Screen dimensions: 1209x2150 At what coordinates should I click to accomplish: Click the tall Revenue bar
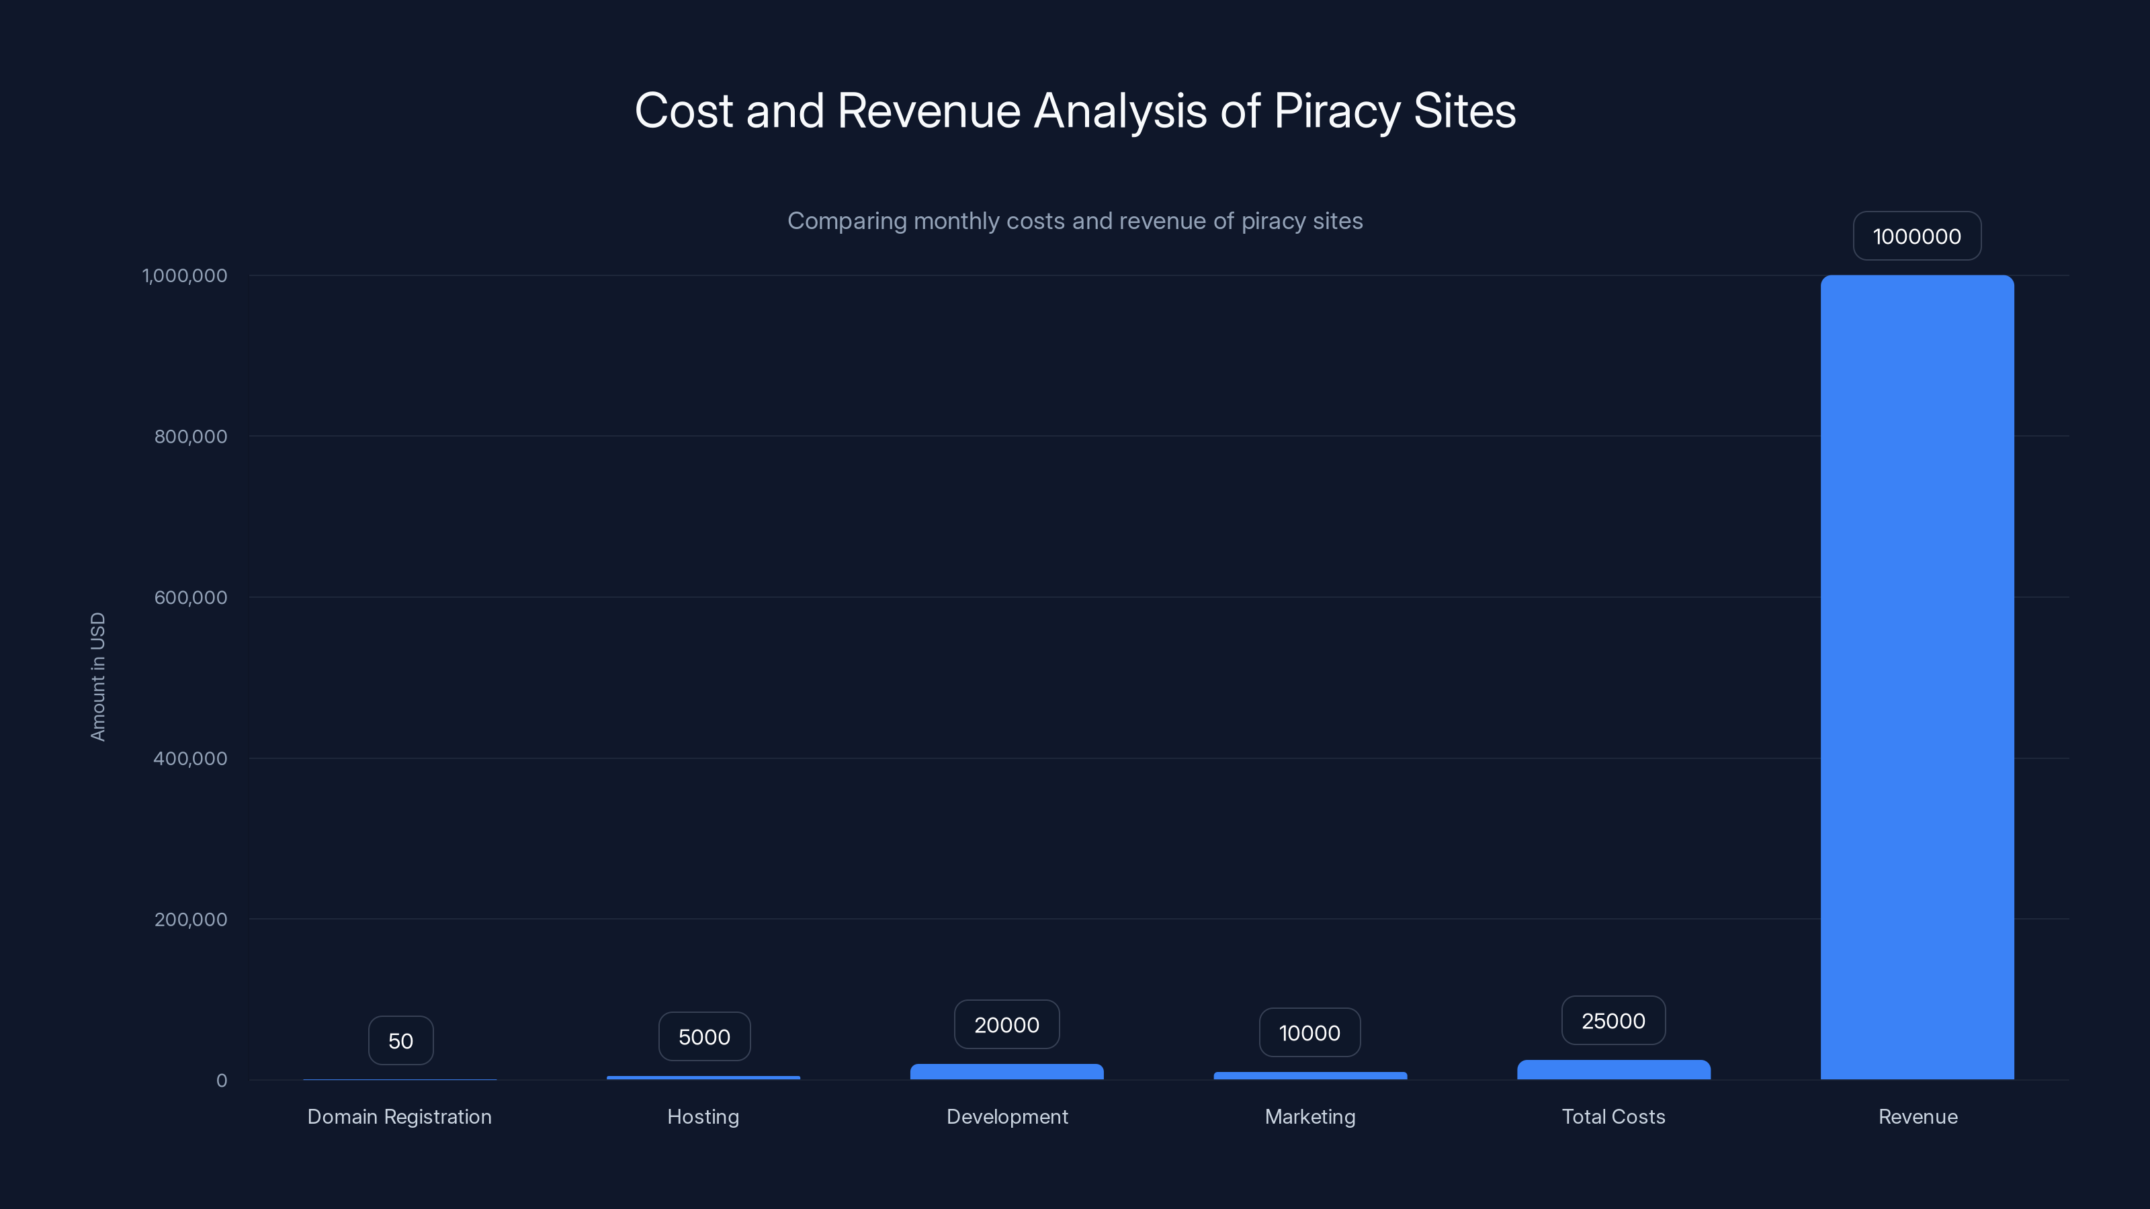pyautogui.click(x=1917, y=676)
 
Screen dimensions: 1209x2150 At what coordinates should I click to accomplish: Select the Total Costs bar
pyautogui.click(x=1613, y=1070)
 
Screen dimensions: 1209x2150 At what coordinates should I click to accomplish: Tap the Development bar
pyautogui.click(x=1006, y=1071)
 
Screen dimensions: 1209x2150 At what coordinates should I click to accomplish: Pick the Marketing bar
pyautogui.click(x=1309, y=1075)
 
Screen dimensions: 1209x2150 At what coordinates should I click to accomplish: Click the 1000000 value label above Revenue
pyautogui.click(x=1917, y=236)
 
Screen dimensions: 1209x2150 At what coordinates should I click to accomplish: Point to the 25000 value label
pyautogui.click(x=1613, y=1020)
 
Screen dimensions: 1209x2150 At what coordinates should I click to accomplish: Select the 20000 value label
pyautogui.click(x=1006, y=1024)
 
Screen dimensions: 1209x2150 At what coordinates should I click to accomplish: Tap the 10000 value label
pyautogui.click(x=1309, y=1033)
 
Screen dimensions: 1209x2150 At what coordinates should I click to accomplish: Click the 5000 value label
pyautogui.click(x=703, y=1037)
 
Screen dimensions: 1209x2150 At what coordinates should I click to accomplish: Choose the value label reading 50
pyautogui.click(x=400, y=1040)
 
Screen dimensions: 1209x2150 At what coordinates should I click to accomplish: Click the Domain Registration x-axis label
pyautogui.click(x=399, y=1116)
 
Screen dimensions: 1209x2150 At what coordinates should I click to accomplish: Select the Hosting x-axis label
pyautogui.click(x=703, y=1116)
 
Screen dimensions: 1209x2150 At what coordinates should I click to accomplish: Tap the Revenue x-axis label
pyautogui.click(x=1917, y=1116)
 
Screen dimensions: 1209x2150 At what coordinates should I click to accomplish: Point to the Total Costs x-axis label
pyautogui.click(x=1613, y=1116)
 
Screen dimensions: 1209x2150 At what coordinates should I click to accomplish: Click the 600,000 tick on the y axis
pyautogui.click(x=190, y=597)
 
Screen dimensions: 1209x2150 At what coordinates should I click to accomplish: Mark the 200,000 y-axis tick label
pyautogui.click(x=190, y=920)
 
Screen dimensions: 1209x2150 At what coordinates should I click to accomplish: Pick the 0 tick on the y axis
pyautogui.click(x=221, y=1081)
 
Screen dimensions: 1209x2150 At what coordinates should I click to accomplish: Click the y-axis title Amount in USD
pyautogui.click(x=97, y=676)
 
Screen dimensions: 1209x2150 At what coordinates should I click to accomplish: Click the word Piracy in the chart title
pyautogui.click(x=1337, y=111)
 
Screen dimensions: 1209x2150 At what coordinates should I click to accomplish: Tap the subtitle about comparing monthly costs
pyautogui.click(x=1075, y=221)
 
